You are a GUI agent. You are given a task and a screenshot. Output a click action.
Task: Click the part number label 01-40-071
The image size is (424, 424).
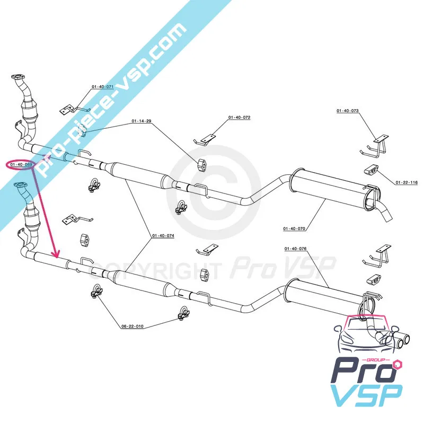(103, 86)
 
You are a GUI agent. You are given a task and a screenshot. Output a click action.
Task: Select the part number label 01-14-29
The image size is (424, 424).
(142, 121)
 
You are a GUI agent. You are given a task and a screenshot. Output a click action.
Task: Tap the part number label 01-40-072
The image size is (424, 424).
(239, 117)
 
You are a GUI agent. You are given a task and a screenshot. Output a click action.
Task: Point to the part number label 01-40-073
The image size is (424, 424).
(348, 111)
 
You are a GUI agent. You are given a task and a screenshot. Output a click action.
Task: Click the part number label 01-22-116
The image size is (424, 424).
(407, 182)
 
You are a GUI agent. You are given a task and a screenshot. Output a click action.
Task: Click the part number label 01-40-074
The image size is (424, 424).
(163, 235)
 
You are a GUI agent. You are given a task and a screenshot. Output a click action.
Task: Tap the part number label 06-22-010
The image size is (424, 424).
(132, 326)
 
